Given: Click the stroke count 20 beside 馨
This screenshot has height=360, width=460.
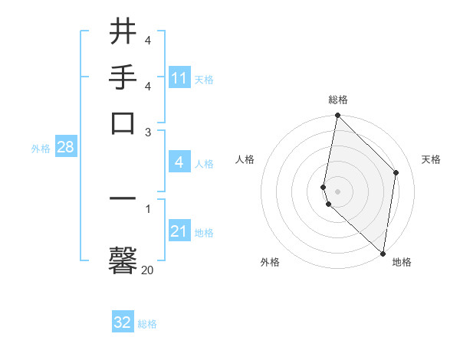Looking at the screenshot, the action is click(x=147, y=270).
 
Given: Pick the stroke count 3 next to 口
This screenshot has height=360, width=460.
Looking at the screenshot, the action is click(x=147, y=132).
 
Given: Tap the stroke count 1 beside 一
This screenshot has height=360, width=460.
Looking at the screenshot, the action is click(x=147, y=208).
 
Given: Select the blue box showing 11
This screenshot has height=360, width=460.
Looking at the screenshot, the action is click(x=179, y=78).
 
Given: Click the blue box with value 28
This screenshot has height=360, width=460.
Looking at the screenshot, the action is click(x=65, y=148).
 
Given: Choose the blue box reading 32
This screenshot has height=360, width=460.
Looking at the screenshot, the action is click(x=123, y=323).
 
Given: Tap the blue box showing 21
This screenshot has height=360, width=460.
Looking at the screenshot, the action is click(x=179, y=231).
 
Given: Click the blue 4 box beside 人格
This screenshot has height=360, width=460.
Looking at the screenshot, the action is click(x=179, y=162).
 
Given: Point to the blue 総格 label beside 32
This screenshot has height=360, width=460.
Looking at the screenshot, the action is click(x=147, y=324).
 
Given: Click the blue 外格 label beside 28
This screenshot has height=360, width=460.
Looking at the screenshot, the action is click(x=41, y=149).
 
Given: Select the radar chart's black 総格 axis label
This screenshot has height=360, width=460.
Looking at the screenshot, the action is click(x=338, y=100).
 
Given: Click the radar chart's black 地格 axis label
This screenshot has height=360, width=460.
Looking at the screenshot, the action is click(x=402, y=262).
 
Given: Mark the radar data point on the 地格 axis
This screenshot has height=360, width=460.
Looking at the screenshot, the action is click(x=383, y=254).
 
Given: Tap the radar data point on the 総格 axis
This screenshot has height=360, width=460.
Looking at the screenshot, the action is click(x=337, y=116).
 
